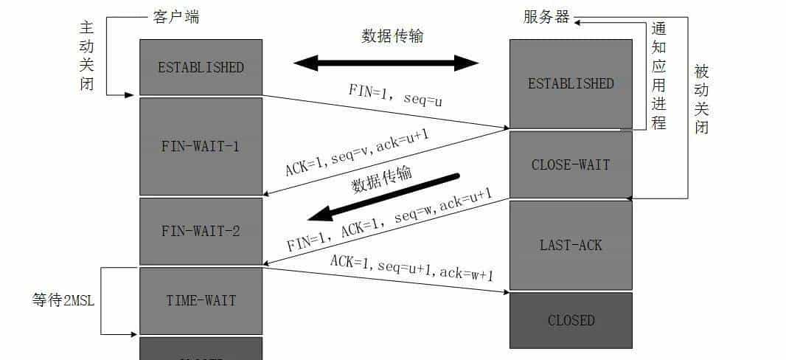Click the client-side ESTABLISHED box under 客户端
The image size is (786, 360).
coord(201,67)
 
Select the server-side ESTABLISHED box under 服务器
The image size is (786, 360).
coord(571,83)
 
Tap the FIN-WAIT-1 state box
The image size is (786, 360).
coord(201,146)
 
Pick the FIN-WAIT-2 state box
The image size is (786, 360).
coord(201,231)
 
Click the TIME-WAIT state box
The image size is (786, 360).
coord(201,300)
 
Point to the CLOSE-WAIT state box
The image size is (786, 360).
coord(571,165)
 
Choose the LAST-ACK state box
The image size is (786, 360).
coord(571,244)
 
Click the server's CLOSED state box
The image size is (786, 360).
coord(571,320)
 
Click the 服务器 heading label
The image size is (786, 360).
coord(547,17)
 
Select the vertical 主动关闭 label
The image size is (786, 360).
coord(87,55)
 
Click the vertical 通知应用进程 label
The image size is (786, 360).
coord(658,75)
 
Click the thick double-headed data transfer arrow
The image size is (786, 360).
coord(386,63)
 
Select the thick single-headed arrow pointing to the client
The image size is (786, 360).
coord(383,197)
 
